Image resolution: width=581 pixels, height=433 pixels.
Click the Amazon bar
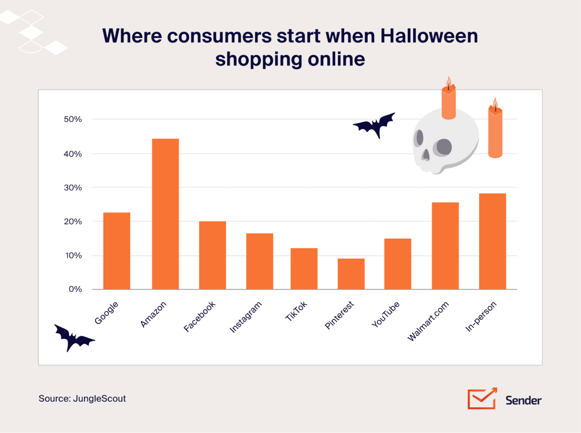pyautogui.click(x=165, y=214)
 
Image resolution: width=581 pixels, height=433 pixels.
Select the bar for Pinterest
pyautogui.click(x=351, y=274)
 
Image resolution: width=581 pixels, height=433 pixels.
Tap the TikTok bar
pyautogui.click(x=304, y=268)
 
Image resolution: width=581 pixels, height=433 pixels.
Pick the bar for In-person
pyautogui.click(x=492, y=241)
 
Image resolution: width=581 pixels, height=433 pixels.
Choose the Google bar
pyautogui.click(x=117, y=251)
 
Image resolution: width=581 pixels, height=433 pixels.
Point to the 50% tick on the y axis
pyautogui.click(x=73, y=120)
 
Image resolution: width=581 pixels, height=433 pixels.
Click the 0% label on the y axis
pyautogui.click(x=75, y=289)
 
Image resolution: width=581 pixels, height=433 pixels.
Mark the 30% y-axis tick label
pyautogui.click(x=73, y=188)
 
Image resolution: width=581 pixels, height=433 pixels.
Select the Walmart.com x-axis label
pyautogui.click(x=428, y=321)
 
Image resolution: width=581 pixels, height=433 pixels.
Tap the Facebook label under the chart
pyautogui.click(x=199, y=317)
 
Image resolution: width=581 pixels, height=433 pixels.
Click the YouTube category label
pyautogui.click(x=385, y=314)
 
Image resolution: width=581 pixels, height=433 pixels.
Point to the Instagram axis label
pyautogui.click(x=245, y=317)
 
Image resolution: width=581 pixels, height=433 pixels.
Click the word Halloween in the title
pyautogui.click(x=429, y=36)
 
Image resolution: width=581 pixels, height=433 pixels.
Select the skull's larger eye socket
pyautogui.click(x=443, y=147)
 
